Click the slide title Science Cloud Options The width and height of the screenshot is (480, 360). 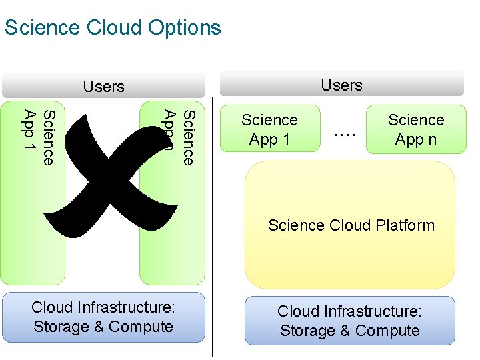112,28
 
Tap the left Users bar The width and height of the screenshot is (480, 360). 103,87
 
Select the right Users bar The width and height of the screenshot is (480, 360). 341,85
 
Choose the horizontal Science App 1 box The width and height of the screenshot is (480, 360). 269,129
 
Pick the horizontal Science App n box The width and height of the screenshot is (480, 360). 416,129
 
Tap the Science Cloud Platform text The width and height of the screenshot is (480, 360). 351,225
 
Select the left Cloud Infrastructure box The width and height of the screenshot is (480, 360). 103,317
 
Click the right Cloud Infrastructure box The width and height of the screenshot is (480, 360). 349,321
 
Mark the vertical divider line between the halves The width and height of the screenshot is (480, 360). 212,227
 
